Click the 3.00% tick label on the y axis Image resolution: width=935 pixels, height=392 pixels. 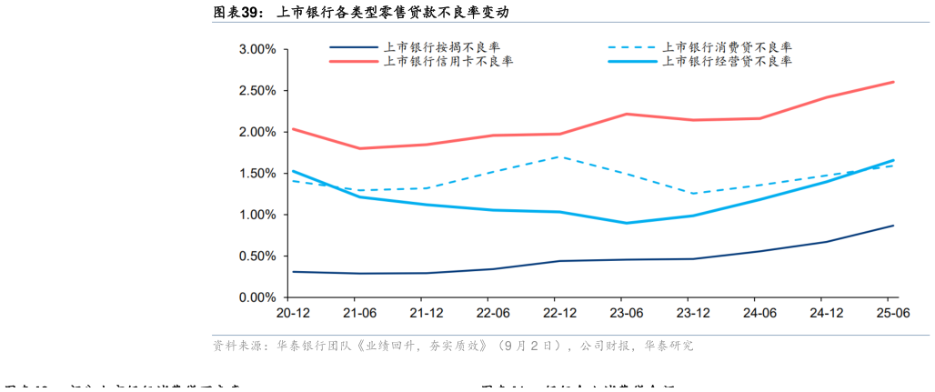point(257,49)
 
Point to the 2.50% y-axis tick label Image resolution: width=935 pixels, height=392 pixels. point(257,91)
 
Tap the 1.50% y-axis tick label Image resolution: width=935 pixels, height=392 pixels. point(257,174)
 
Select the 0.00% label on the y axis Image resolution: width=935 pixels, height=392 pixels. point(257,297)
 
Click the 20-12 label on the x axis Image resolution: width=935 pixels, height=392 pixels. point(292,312)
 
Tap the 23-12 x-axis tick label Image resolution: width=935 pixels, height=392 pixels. point(693,312)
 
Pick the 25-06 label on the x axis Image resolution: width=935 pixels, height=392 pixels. point(892,312)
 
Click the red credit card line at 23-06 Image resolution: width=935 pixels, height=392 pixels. point(626,114)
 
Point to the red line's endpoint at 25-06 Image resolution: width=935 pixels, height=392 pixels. point(893,82)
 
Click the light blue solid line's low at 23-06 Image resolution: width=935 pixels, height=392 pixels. point(626,223)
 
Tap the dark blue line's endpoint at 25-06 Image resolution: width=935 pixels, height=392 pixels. point(893,226)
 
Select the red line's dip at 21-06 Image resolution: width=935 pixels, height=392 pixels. point(359,148)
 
